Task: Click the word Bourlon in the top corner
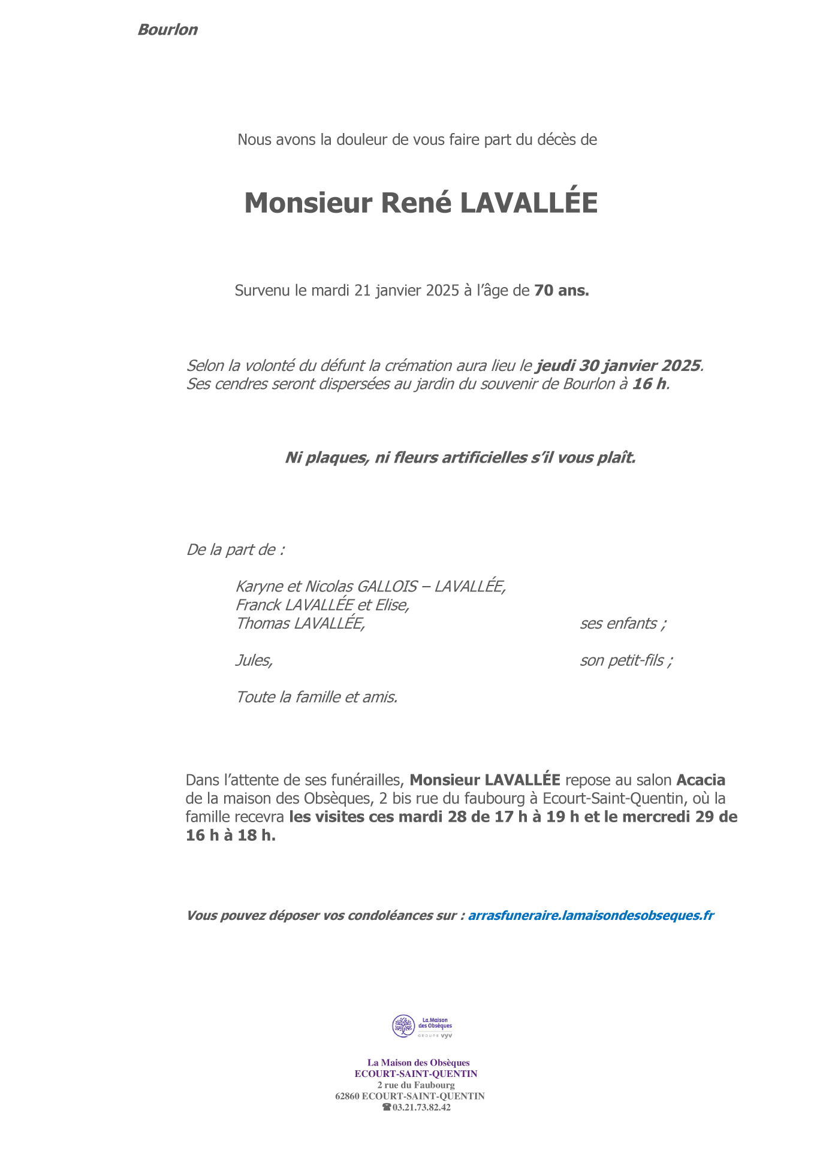tap(167, 30)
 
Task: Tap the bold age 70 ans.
tap(561, 291)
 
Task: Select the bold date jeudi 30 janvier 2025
tap(618, 366)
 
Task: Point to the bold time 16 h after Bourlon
tap(649, 384)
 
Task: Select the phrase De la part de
tap(235, 550)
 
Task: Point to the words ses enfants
tap(622, 624)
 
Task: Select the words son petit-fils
tap(626, 661)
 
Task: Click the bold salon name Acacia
tap(701, 780)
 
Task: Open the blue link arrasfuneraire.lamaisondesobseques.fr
tap(590, 916)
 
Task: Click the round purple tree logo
tap(403, 1026)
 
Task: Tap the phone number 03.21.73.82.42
tap(421, 1107)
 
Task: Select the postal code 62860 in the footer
tap(346, 1096)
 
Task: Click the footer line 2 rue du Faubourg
tap(416, 1085)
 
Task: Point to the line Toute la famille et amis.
tap(316, 698)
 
